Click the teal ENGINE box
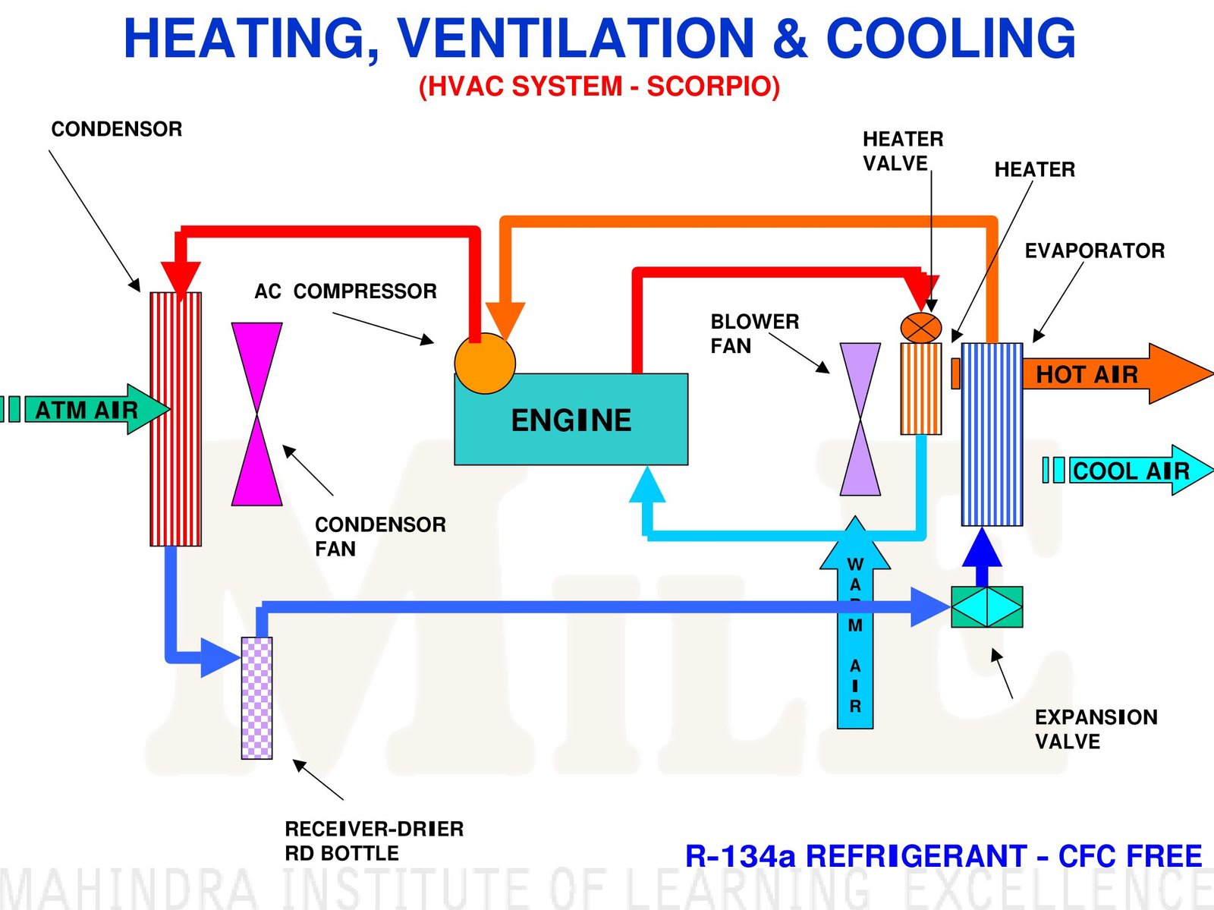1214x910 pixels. [571, 419]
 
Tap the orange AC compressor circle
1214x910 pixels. [485, 363]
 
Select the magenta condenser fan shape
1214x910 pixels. [256, 414]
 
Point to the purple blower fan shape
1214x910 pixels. [860, 419]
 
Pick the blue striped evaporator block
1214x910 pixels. [992, 434]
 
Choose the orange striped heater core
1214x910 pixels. [921, 389]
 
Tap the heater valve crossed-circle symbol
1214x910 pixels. [921, 328]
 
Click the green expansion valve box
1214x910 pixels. [986, 606]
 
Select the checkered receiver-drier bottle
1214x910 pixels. [256, 697]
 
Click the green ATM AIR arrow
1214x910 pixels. [91, 410]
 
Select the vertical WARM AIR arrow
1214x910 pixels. [855, 630]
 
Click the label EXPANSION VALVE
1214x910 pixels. [1095, 729]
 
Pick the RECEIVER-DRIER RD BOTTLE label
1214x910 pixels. [373, 840]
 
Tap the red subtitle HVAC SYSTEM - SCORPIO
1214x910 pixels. [599, 86]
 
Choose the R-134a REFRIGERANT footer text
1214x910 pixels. [943, 856]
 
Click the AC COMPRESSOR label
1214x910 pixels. [345, 291]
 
